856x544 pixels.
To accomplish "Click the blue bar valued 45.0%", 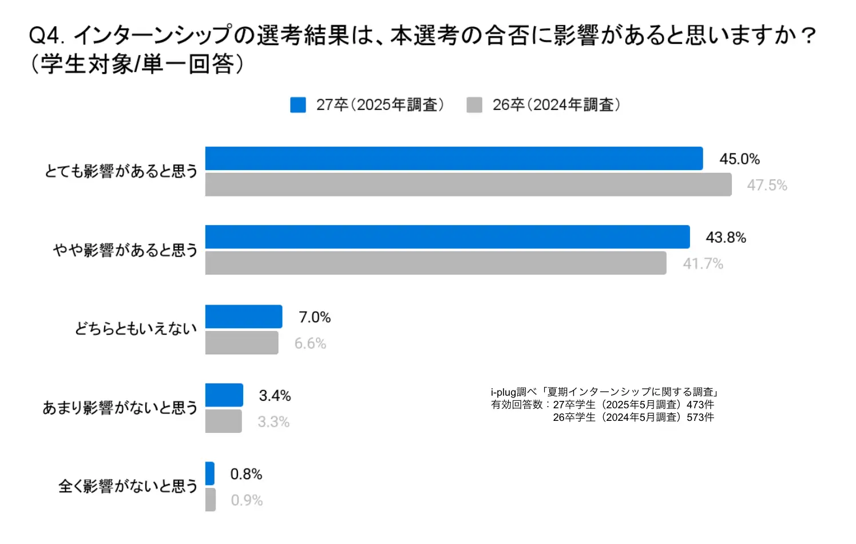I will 454,159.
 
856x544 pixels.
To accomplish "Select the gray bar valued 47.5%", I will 468,184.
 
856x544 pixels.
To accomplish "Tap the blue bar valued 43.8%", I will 447,237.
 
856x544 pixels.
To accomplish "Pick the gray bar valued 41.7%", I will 435,263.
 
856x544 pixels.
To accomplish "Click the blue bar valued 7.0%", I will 244,317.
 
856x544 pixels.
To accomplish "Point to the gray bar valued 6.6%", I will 241,342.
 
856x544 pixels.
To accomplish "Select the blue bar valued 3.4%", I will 224,395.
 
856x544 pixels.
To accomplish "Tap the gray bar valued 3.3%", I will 223,421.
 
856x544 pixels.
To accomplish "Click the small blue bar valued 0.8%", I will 210,474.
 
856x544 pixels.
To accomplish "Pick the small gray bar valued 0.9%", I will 211,499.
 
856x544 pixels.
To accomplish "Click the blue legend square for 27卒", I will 298,105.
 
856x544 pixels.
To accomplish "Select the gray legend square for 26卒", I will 474,105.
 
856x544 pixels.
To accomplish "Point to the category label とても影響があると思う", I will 121,171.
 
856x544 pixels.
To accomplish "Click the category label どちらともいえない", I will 136,329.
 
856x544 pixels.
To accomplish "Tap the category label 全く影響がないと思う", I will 128,486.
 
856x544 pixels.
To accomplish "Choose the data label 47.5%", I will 767,185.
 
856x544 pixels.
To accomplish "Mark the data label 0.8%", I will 246,474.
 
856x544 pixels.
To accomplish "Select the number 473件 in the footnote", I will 700,404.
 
